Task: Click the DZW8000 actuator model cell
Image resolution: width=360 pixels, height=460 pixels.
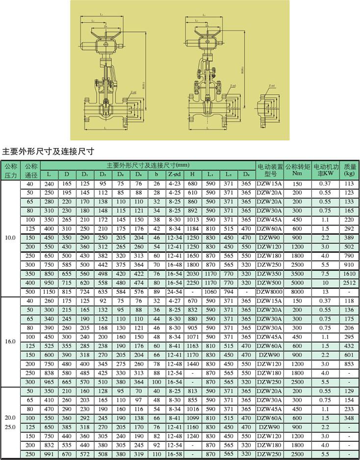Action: coord(270,291)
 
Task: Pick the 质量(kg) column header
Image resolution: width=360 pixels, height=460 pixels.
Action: coord(349,170)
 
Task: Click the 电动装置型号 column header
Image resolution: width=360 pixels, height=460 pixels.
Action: coord(270,170)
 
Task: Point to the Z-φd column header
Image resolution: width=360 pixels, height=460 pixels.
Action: coord(174,174)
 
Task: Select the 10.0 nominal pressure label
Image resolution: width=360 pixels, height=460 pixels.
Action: coord(10,238)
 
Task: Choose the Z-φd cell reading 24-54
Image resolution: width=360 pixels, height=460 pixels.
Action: coord(174,291)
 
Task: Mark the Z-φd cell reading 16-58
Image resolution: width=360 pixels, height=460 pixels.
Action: coord(174,455)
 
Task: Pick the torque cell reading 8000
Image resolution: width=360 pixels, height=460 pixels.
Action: coord(297,291)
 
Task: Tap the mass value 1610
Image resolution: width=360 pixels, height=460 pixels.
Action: coord(349,274)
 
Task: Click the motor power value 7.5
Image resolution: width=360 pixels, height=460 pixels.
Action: coord(324,274)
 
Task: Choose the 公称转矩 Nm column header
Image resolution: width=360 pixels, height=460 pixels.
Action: coord(297,170)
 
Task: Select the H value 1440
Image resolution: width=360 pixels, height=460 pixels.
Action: coord(192,363)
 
